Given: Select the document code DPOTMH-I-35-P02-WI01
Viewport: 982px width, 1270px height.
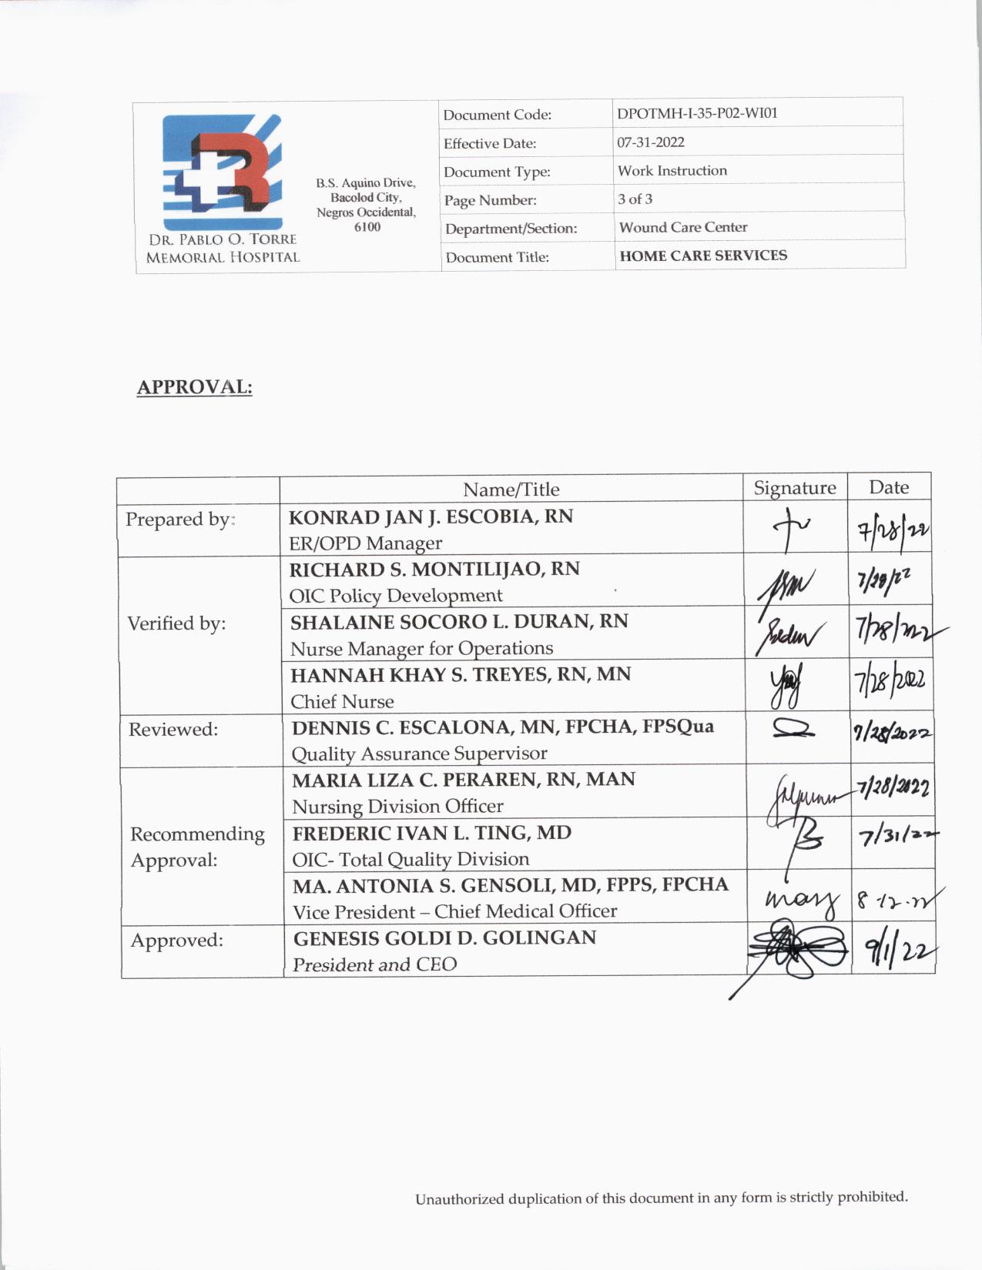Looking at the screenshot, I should click(697, 113).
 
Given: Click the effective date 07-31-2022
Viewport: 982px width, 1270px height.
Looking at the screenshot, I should click(650, 142).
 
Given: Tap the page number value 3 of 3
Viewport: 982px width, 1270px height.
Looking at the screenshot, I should click(635, 199).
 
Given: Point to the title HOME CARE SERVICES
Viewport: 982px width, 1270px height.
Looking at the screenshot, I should click(702, 256).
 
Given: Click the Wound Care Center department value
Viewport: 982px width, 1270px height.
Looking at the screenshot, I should click(682, 227).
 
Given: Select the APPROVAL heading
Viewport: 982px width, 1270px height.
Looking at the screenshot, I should click(194, 386).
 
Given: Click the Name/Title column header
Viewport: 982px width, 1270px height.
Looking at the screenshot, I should click(511, 490).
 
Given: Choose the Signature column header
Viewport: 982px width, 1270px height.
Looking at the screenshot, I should click(794, 488).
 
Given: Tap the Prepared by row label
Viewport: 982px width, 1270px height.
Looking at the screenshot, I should click(179, 520).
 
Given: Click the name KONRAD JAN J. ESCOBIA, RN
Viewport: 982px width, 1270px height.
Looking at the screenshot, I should click(431, 516).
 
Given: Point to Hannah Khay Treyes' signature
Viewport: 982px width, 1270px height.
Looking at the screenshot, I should click(785, 686).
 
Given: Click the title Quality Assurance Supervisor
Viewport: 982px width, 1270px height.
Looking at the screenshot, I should click(419, 754).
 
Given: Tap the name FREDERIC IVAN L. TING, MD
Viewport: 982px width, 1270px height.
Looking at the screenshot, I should click(431, 834).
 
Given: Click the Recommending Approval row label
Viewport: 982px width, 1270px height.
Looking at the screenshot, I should click(197, 847).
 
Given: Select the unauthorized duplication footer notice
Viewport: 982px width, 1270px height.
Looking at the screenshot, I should click(661, 1198).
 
